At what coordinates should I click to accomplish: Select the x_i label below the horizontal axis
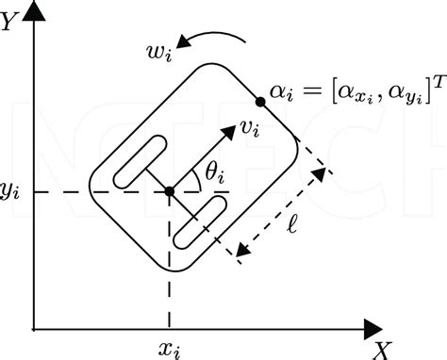coord(169,350)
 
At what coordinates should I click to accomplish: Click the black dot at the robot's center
coord(169,191)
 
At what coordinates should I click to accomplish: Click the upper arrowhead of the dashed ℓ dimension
coord(324,173)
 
